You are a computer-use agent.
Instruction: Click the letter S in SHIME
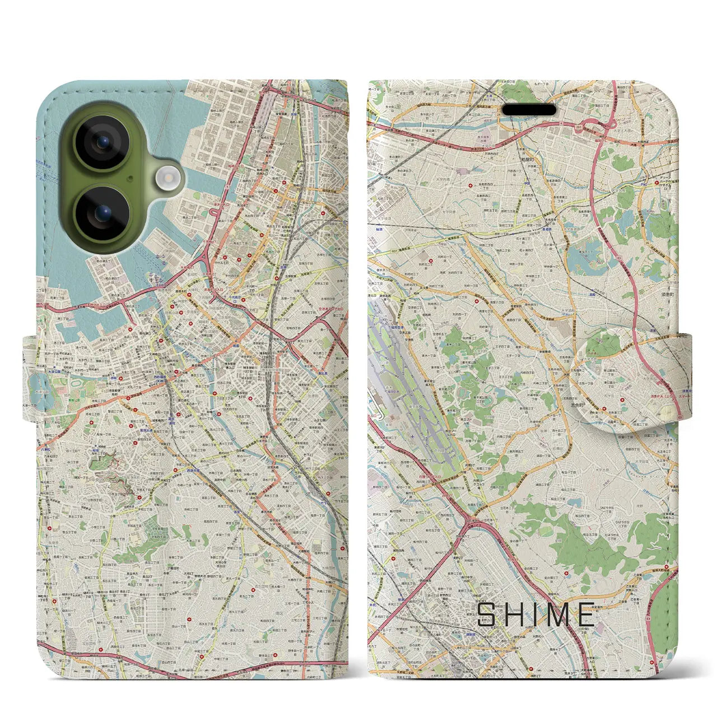[x=486, y=614]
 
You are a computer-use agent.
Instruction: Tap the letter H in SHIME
[x=516, y=614]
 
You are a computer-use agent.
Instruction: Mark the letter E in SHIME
[x=585, y=614]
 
